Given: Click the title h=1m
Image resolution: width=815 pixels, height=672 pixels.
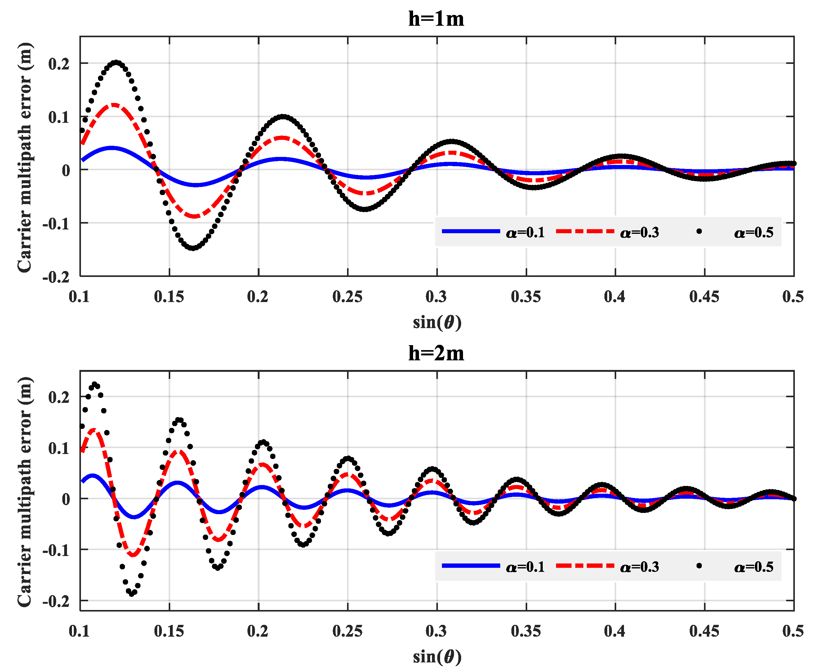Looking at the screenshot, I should (x=436, y=19).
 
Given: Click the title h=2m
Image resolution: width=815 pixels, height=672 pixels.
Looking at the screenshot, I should (x=436, y=353).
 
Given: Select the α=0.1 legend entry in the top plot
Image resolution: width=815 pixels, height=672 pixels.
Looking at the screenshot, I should (x=525, y=233).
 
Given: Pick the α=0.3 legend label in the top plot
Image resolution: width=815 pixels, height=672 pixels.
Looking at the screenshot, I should (x=639, y=233).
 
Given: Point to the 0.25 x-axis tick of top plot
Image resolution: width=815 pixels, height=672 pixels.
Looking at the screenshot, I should (x=347, y=297).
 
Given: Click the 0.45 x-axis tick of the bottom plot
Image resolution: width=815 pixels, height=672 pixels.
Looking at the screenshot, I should (x=704, y=631).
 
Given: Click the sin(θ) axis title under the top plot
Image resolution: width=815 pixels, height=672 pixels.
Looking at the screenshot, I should (x=437, y=322).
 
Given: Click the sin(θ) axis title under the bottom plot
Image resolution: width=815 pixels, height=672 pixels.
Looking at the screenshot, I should (x=437, y=656).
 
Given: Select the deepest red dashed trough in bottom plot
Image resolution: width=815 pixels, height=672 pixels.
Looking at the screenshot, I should (x=133, y=555).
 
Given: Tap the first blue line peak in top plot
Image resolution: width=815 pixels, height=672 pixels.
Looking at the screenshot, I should (x=112, y=148).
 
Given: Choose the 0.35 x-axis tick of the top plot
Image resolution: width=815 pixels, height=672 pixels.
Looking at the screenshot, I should (x=525, y=297).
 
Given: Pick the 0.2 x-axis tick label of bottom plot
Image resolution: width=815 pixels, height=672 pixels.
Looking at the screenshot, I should (x=257, y=631).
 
